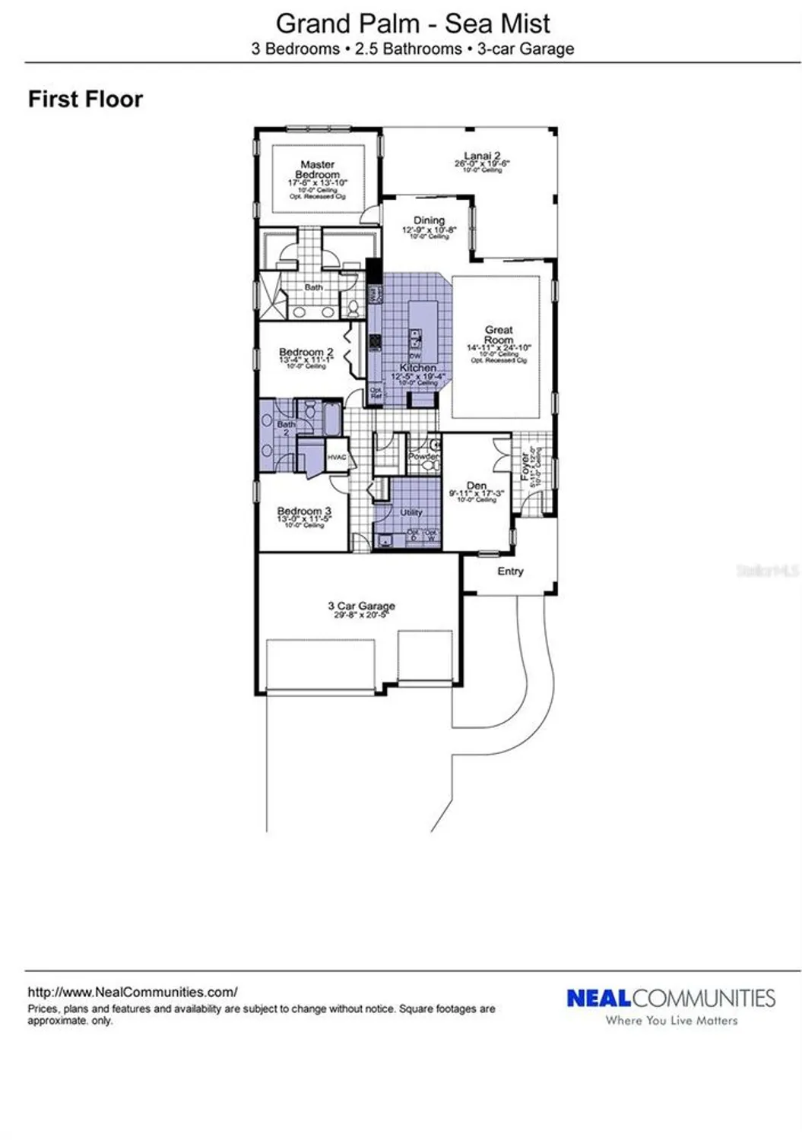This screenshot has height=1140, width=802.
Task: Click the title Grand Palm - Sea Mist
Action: (412, 24)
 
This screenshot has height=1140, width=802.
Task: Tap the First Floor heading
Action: (85, 100)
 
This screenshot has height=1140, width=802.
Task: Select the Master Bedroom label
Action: (317, 169)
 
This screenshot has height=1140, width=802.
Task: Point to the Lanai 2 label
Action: (482, 156)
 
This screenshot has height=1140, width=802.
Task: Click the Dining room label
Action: (429, 220)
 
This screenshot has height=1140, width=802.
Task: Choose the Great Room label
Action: (499, 334)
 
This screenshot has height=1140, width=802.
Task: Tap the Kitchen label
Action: (418, 367)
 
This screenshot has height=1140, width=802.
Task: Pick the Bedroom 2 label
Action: (306, 352)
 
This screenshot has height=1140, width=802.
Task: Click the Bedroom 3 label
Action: (304, 511)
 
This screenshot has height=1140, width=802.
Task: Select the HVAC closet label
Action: (336, 457)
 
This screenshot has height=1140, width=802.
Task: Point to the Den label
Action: (477, 486)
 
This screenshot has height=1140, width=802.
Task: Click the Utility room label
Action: (411, 512)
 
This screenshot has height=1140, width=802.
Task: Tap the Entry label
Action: (510, 571)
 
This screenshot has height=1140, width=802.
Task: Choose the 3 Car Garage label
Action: (361, 606)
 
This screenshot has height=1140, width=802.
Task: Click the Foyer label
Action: (525, 467)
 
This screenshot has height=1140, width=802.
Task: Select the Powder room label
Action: (423, 457)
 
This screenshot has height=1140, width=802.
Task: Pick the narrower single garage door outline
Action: (425, 656)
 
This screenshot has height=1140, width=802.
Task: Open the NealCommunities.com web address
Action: (132, 992)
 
